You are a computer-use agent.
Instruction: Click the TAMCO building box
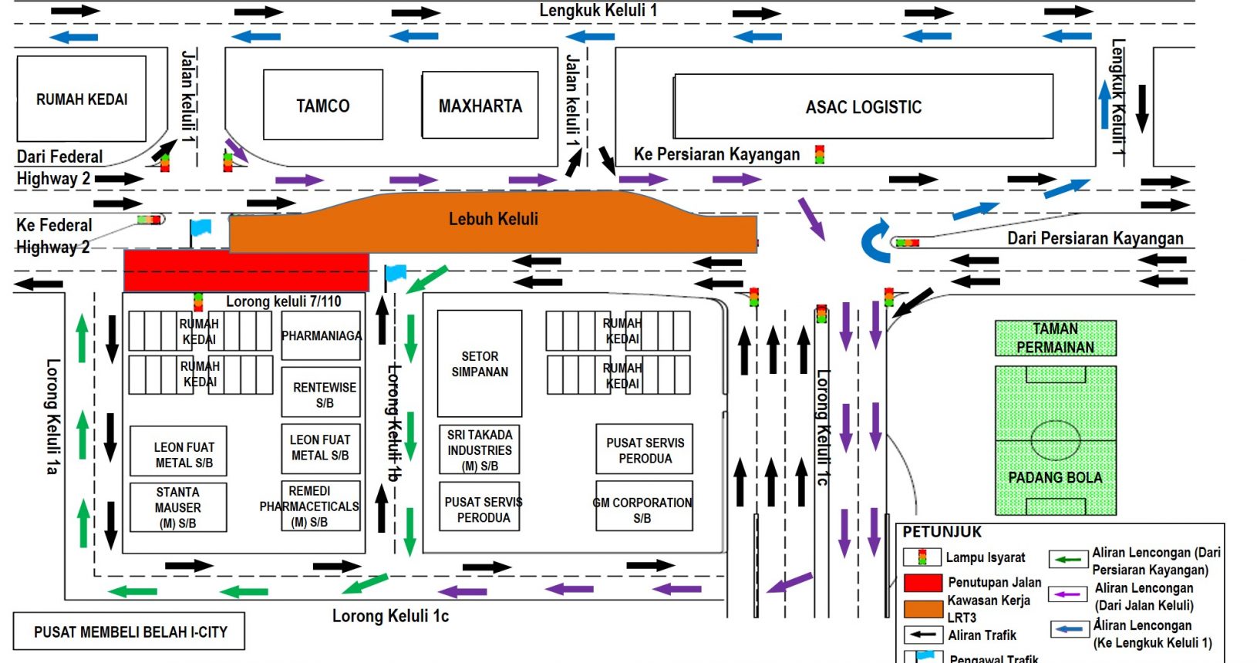point(323,105)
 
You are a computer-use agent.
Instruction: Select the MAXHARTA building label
point(480,106)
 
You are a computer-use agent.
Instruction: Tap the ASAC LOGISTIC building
point(864,107)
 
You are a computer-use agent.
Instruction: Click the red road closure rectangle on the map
point(246,271)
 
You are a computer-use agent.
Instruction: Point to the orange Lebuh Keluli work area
point(494,224)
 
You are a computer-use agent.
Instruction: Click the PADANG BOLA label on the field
point(1055,477)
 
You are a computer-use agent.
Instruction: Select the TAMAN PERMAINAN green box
point(1055,338)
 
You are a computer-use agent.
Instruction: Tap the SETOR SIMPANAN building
point(480,364)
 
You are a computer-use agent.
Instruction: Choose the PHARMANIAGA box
point(321,336)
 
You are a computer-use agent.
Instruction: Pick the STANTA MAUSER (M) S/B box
point(178,507)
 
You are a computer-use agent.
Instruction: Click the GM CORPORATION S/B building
point(643,510)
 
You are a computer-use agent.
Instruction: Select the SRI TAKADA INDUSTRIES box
point(480,449)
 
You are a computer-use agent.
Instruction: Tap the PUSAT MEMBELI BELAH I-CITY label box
point(130,631)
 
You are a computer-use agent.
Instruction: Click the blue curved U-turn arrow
point(875,241)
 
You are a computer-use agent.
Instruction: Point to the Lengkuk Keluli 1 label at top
point(598,11)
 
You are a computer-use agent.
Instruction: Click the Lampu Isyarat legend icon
point(922,557)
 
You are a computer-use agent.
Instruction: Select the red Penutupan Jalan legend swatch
point(922,583)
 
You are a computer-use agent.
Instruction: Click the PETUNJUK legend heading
point(942,532)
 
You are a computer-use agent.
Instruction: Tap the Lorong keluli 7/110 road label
point(284,301)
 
